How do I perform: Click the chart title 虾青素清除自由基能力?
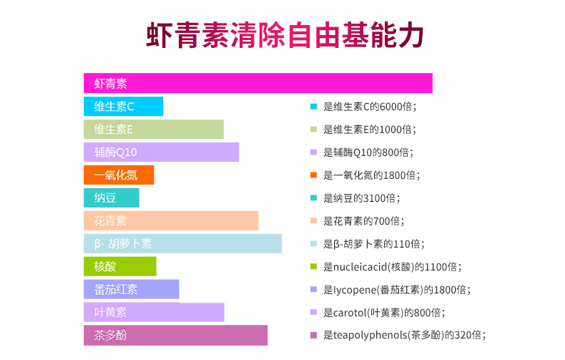(x=285, y=35)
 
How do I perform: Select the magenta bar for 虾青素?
(x=258, y=83)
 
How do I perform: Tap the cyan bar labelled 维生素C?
(x=123, y=107)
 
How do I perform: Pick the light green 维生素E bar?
(x=154, y=129)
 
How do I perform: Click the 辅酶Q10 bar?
(x=162, y=152)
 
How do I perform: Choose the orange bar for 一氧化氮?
(x=119, y=175)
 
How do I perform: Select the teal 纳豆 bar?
(x=112, y=198)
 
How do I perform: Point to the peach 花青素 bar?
(x=171, y=220)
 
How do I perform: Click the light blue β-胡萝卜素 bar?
(x=182, y=243)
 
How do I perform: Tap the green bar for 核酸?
(x=120, y=266)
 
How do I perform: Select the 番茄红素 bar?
(x=132, y=289)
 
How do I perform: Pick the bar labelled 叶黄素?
(x=154, y=312)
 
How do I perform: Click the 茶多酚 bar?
(x=175, y=336)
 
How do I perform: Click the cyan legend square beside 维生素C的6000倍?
(x=313, y=107)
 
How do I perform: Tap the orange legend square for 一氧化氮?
(x=313, y=175)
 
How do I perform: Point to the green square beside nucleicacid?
(x=313, y=266)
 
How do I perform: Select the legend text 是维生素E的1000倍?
(x=370, y=129)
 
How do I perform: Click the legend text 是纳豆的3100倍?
(x=362, y=198)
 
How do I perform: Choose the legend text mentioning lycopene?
(x=397, y=290)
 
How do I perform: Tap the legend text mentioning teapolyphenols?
(x=405, y=335)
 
